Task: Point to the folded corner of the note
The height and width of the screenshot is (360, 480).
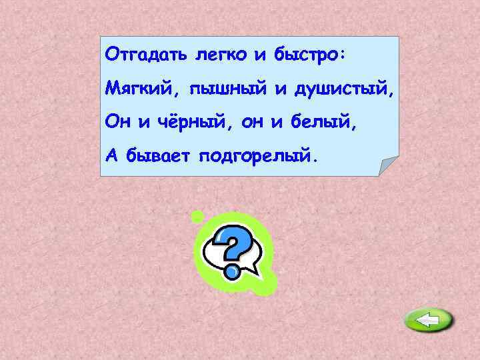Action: (387, 165)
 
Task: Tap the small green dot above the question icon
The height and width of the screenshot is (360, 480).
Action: (197, 216)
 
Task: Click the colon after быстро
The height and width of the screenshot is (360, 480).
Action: (341, 55)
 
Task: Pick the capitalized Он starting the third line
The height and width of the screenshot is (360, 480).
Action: (115, 123)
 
